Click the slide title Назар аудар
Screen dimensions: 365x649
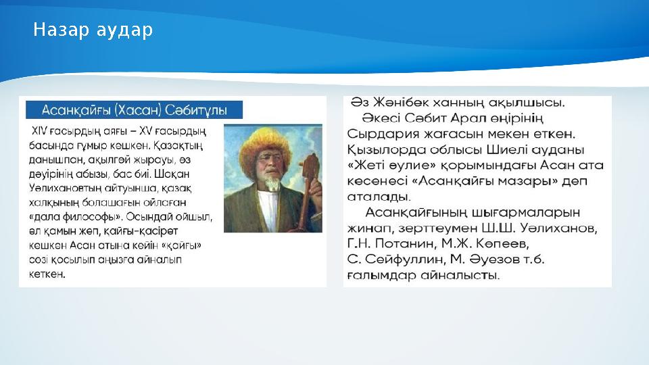(x=93, y=30)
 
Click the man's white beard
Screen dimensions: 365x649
(x=272, y=181)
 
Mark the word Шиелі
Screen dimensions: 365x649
(x=510, y=149)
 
